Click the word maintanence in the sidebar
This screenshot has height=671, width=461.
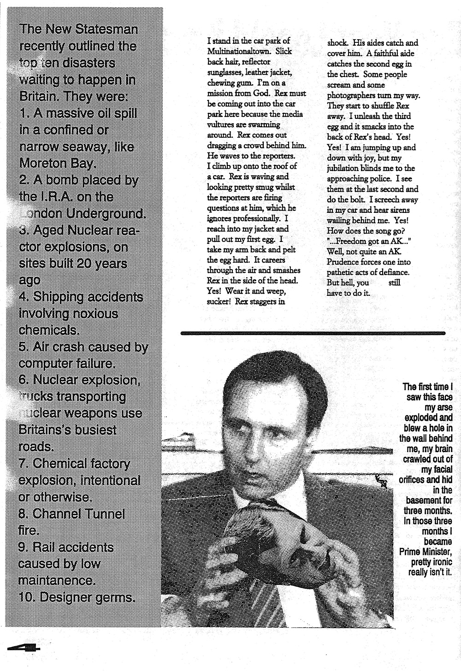(x=57, y=580)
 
